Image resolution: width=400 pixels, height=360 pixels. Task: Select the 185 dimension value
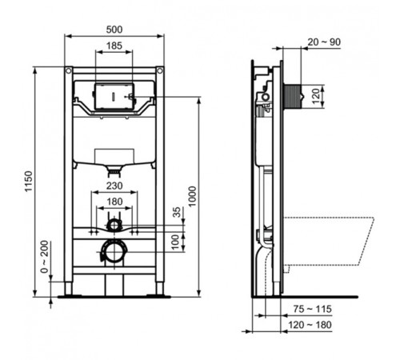pyautogui.click(x=114, y=46)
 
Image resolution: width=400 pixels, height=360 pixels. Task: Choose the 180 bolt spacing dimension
pyautogui.click(x=115, y=202)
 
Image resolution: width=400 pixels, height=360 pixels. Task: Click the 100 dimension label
pyautogui.click(x=178, y=240)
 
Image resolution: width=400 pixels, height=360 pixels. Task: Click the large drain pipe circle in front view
pyautogui.click(x=114, y=252)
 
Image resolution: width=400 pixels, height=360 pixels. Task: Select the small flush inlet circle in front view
pyautogui.click(x=115, y=224)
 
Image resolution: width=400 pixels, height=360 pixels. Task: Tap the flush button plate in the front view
pyautogui.click(x=114, y=95)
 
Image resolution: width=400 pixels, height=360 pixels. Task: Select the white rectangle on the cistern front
pyautogui.click(x=115, y=154)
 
